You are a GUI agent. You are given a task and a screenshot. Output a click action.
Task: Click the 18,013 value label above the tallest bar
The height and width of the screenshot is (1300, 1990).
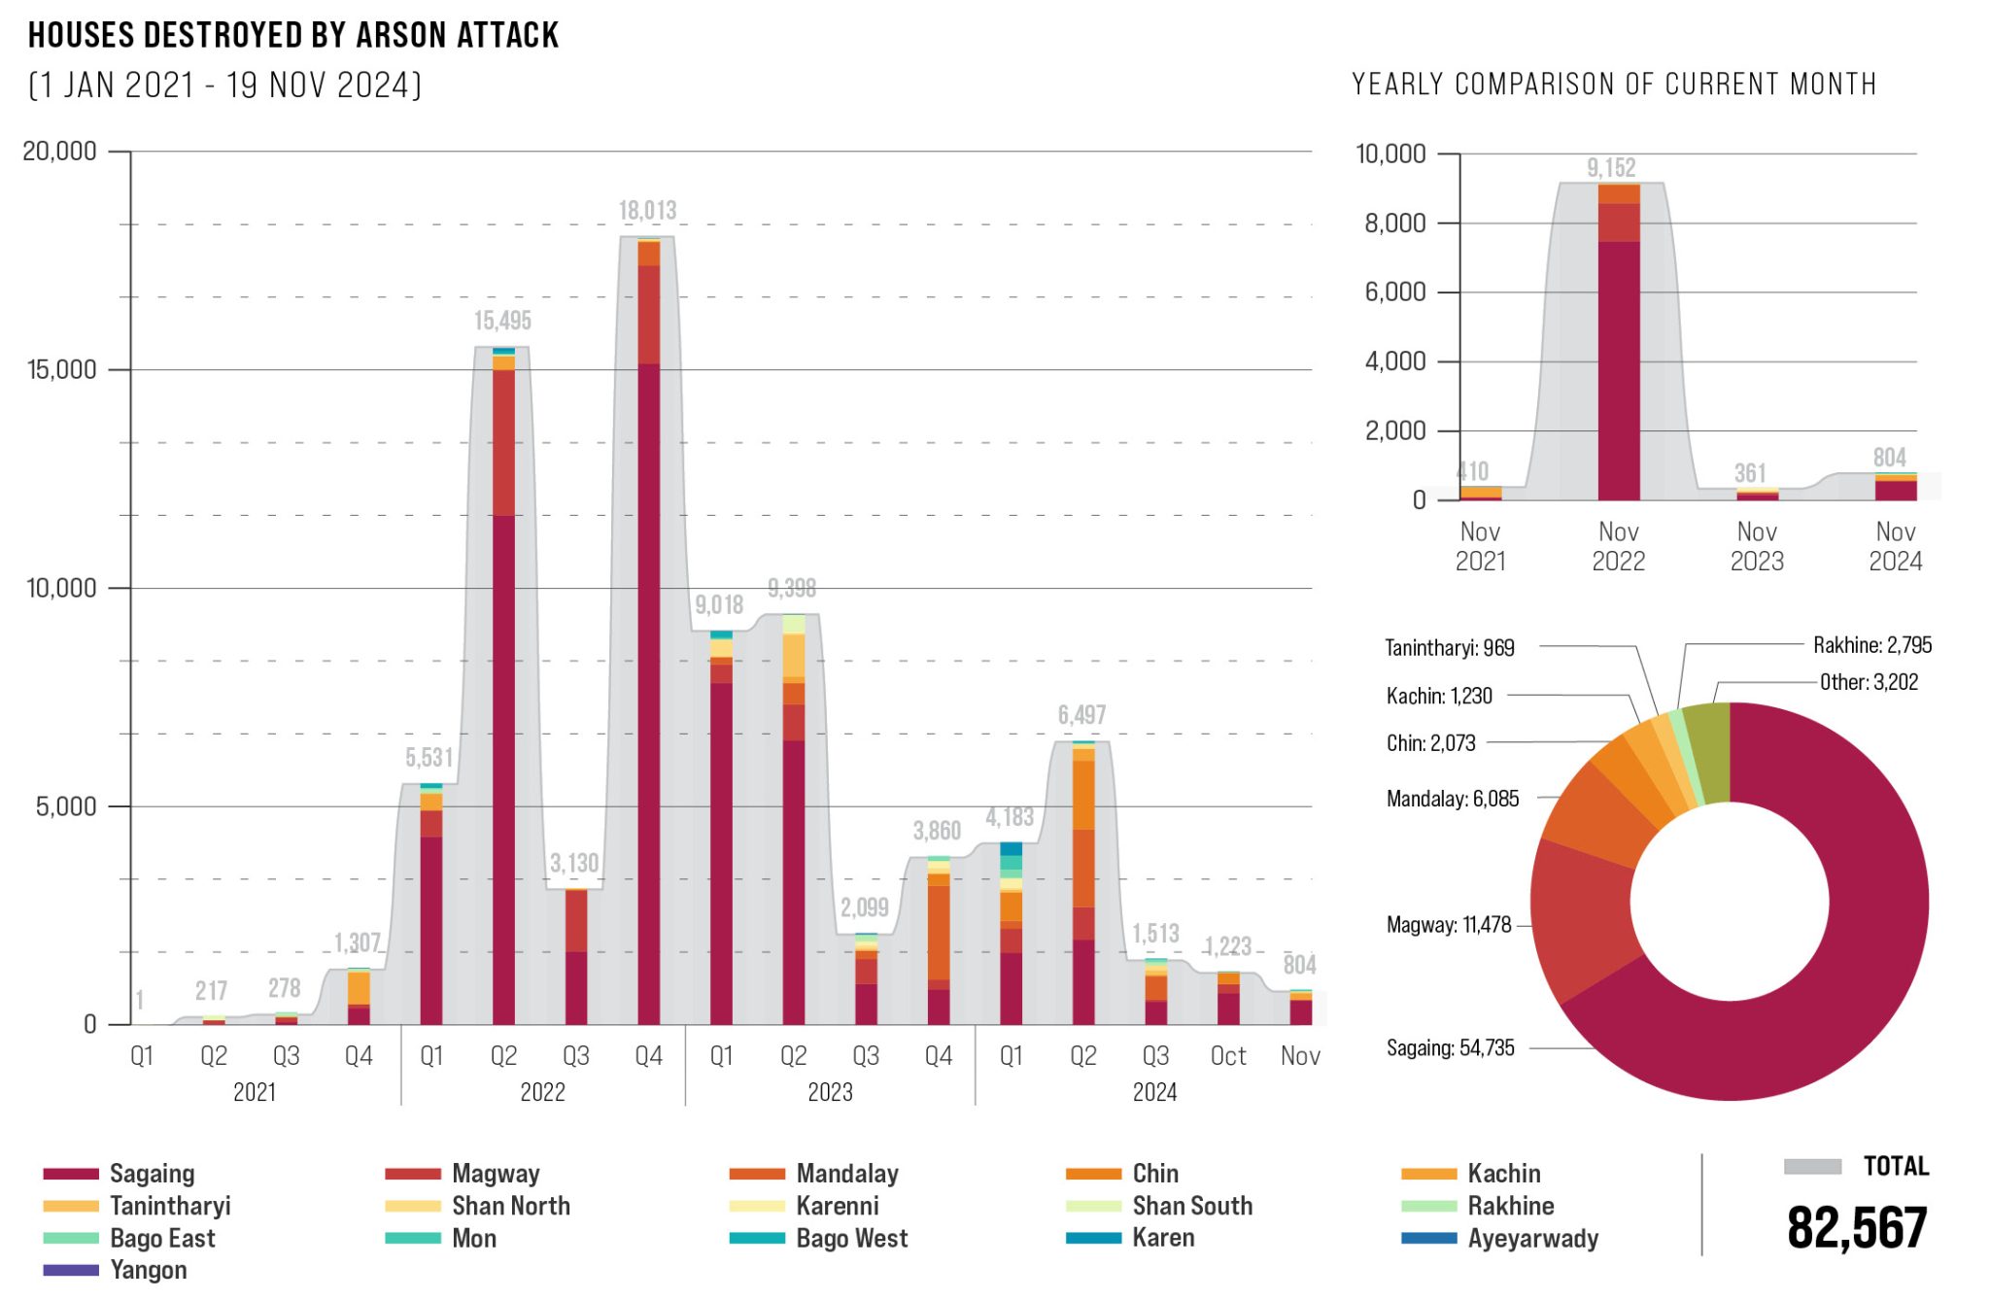tap(647, 211)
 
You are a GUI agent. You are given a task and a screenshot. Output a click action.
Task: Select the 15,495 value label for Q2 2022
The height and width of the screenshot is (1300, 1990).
tap(502, 321)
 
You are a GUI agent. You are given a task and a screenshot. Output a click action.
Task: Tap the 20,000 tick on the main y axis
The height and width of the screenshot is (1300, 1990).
tap(60, 152)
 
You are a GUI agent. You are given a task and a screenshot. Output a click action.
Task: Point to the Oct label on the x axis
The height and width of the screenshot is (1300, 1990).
tap(1228, 1056)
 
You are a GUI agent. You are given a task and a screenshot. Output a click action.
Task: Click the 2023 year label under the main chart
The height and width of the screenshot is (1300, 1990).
tap(830, 1092)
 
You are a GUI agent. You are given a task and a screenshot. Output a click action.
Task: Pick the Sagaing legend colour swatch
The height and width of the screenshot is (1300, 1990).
tap(71, 1174)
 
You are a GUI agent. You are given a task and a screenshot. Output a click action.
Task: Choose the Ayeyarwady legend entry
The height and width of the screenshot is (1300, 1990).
tap(1532, 1239)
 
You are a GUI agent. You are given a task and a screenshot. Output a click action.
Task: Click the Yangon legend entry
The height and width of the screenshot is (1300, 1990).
tap(148, 1270)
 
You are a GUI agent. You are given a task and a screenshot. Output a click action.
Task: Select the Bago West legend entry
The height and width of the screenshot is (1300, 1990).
tap(851, 1239)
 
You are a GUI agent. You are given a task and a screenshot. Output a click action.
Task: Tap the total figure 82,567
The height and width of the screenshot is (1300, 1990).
tap(1857, 1228)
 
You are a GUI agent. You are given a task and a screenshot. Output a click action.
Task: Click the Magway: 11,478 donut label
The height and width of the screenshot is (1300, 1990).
tap(1449, 925)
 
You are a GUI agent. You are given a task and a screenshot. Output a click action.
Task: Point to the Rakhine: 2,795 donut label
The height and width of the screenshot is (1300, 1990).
tap(1872, 645)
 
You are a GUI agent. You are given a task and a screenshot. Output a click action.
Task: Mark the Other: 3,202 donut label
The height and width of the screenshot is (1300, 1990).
tap(1869, 682)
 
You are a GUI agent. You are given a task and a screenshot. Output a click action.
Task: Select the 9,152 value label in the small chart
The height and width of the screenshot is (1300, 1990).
tap(1611, 168)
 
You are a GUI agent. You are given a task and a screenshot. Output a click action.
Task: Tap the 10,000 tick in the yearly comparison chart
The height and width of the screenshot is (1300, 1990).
tap(1390, 154)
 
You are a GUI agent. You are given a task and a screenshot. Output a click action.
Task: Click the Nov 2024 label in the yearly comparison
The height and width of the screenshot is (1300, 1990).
tap(1895, 546)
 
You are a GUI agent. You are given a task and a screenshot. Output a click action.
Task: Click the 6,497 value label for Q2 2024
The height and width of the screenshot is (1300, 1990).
tap(1081, 715)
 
